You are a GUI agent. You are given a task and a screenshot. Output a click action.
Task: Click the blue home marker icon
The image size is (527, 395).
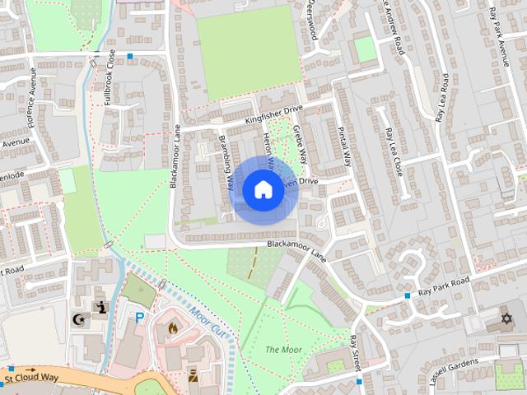click(x=262, y=189)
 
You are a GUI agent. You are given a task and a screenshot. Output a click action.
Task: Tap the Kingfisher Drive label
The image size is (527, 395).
click(x=274, y=115)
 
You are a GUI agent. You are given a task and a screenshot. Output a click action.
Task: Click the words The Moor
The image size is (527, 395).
click(x=283, y=351)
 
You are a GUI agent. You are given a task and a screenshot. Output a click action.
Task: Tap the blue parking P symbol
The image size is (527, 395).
click(x=140, y=317)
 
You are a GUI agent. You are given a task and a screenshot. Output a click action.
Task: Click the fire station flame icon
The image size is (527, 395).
click(x=172, y=328)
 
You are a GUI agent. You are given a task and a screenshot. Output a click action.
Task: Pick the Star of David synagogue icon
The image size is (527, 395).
click(x=506, y=318)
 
